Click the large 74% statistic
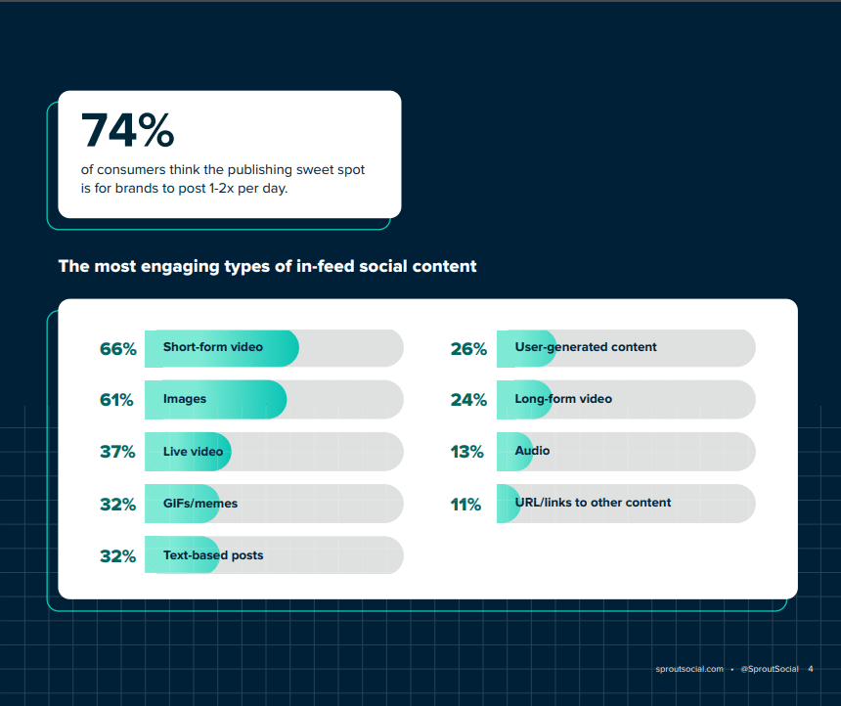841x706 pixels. coord(127,131)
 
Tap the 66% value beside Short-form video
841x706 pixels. coord(117,348)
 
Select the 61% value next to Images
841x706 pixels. coord(116,400)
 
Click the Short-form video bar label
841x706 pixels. coord(212,347)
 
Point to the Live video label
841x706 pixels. coord(193,452)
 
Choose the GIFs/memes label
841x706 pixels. coord(199,504)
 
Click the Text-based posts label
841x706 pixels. coord(212,555)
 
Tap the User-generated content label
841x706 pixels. coord(585,347)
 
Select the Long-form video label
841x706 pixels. coord(562,399)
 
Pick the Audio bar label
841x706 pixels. coord(532,451)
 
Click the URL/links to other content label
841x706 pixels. coord(593,503)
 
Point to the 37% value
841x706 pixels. coord(117,452)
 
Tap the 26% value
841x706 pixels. coord(468,348)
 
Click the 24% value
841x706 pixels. coord(468,400)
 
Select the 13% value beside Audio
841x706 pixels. coord(467,452)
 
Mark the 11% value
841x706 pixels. coord(466,505)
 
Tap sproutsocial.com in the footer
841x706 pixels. coord(689,669)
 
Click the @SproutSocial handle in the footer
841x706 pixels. coord(770,669)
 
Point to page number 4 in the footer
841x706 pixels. coord(811,669)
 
